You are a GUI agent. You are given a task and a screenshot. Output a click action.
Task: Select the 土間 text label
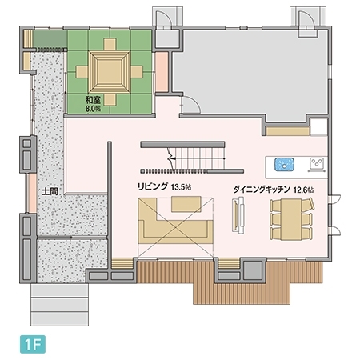pyautogui.click(x=50, y=192)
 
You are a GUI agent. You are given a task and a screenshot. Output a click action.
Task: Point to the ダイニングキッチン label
pyautogui.click(x=262, y=190)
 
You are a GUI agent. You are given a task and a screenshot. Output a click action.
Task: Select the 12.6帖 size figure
pyautogui.click(x=305, y=190)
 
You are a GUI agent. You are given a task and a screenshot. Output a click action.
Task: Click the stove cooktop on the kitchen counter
pyautogui.click(x=316, y=165)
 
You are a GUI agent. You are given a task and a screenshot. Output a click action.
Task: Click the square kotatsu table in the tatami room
pyautogui.click(x=106, y=70)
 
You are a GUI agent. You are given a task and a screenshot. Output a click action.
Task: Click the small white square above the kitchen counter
pyautogui.click(x=318, y=126)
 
